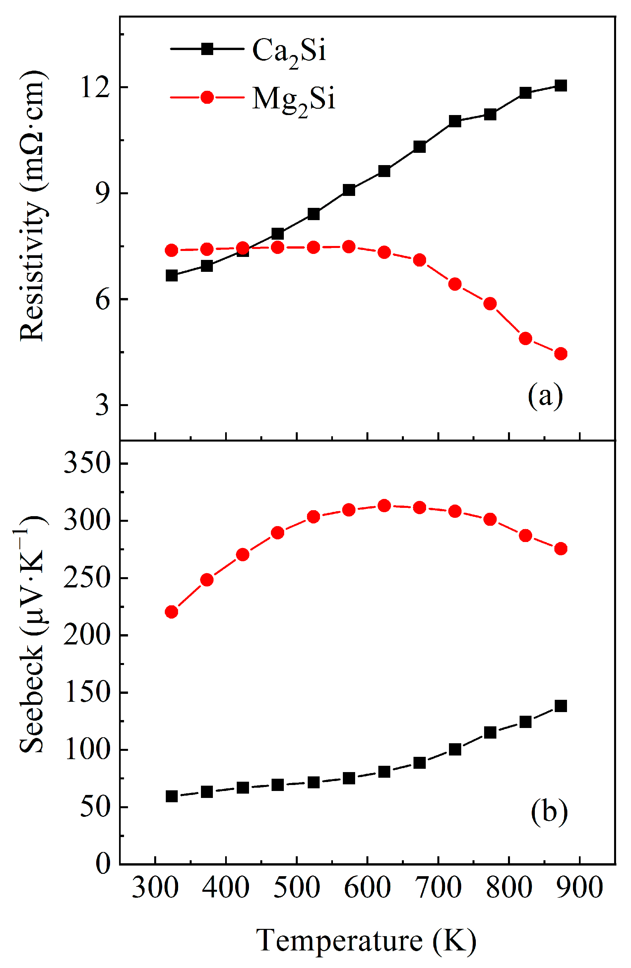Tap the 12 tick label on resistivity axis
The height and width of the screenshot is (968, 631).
tap(95, 87)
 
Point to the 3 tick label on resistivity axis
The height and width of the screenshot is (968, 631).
tap(102, 405)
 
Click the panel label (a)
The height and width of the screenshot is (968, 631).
tap(545, 396)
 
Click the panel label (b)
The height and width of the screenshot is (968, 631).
tap(549, 812)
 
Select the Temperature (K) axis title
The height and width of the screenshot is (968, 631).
tap(366, 940)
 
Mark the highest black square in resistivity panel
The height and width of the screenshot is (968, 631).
tap(561, 86)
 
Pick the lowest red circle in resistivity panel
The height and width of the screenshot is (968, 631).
tap(561, 354)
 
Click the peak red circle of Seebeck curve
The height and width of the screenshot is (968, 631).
tap(384, 506)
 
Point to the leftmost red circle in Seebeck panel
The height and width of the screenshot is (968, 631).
tap(172, 612)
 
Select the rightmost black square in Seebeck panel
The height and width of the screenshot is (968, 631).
tap(561, 706)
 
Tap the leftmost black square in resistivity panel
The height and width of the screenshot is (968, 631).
tap(172, 276)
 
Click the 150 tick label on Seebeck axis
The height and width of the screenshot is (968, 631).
tap(87, 692)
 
